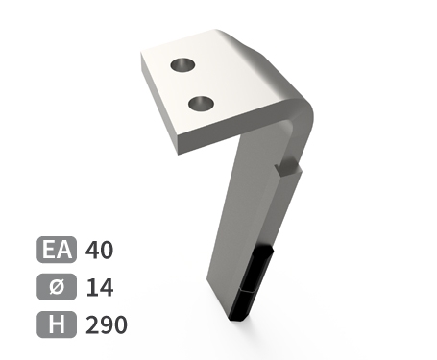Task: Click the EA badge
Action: [57, 250]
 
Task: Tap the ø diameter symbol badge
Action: [57, 287]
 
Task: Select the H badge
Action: [57, 324]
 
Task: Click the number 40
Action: [99, 250]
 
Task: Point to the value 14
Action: [100, 287]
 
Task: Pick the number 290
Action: [107, 324]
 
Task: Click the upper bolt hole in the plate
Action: [182, 65]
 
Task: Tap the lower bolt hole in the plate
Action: [202, 104]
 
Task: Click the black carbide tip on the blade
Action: [253, 283]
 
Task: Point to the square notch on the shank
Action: [288, 168]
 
